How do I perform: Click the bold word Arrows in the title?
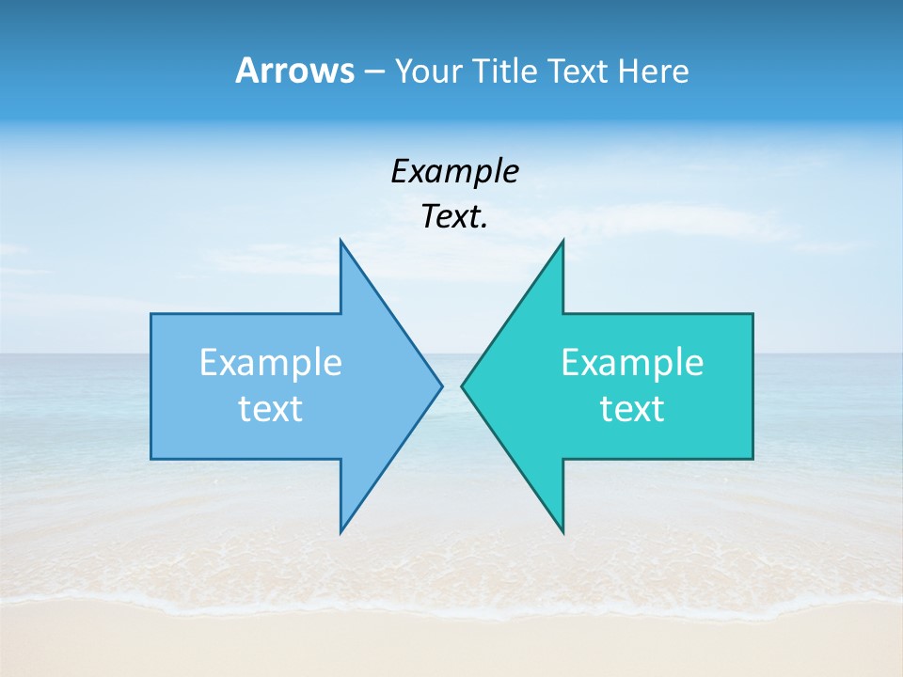[293, 71]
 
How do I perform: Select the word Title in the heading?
[508, 71]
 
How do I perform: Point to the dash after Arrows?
[373, 71]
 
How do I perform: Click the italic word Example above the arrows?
[454, 171]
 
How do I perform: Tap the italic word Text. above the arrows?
[454, 217]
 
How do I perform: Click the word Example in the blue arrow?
[271, 362]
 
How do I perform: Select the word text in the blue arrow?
[271, 408]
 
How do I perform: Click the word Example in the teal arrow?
[632, 362]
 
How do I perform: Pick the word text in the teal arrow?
[632, 408]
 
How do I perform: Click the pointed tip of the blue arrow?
[441, 386]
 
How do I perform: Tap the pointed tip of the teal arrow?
[462, 386]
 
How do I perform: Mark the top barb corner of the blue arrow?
[341, 242]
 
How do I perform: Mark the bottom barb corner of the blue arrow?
[341, 530]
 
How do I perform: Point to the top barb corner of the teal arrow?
[562, 242]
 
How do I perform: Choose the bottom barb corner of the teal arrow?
[562, 530]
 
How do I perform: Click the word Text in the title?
[578, 71]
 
